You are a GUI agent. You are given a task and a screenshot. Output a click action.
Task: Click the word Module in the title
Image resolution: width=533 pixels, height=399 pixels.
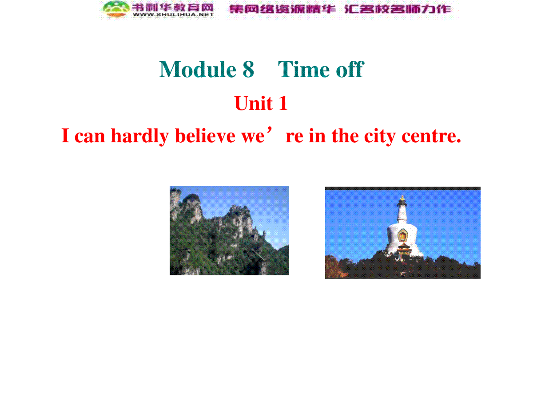click(x=198, y=69)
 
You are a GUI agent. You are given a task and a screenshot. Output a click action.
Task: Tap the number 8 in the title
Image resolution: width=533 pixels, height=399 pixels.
click(x=248, y=70)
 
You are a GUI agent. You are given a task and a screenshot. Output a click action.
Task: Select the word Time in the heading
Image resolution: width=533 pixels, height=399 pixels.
click(x=304, y=70)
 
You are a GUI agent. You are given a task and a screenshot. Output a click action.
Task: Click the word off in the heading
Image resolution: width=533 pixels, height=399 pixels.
click(x=350, y=69)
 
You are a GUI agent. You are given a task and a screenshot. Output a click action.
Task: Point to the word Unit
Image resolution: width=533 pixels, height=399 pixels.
click(x=253, y=103)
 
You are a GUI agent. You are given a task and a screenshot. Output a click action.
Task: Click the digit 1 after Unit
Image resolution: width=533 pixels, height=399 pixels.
click(x=283, y=103)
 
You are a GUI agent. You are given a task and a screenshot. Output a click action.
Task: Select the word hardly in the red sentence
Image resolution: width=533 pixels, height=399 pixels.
click(x=139, y=136)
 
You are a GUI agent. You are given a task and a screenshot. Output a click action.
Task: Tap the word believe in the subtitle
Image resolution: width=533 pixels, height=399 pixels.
click(x=205, y=136)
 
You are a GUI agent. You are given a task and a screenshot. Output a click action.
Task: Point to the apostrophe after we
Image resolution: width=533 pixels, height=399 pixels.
click(x=269, y=129)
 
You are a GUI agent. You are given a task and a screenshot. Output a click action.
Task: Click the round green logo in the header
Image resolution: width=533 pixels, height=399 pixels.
click(x=116, y=9)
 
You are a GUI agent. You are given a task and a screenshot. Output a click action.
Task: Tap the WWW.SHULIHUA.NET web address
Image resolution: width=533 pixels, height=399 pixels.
click(x=173, y=15)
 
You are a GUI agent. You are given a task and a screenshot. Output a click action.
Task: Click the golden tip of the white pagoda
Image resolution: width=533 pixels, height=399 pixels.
click(x=402, y=198)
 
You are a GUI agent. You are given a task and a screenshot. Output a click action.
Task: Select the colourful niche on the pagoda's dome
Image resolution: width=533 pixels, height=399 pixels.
click(x=402, y=235)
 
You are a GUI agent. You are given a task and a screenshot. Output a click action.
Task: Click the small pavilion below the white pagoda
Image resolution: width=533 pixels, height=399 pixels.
click(x=404, y=251)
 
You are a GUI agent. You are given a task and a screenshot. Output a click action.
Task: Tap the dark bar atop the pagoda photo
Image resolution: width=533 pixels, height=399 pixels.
click(x=402, y=188)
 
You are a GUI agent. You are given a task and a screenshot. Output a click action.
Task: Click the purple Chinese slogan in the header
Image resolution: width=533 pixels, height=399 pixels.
click(x=340, y=9)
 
